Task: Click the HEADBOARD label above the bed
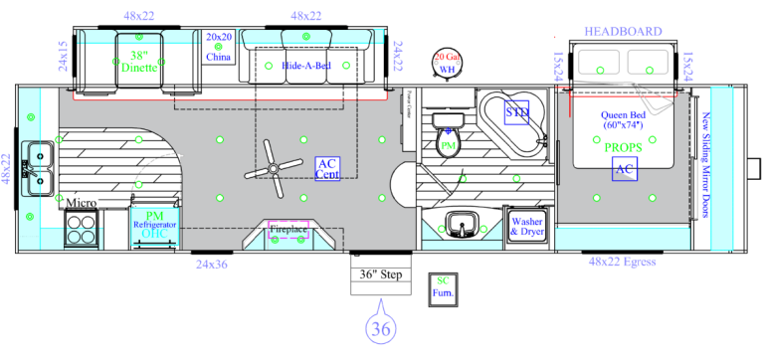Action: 623,32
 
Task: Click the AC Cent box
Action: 328,168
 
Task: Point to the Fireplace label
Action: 288,230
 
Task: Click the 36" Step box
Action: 380,275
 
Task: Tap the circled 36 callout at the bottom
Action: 380,328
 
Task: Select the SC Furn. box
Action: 444,287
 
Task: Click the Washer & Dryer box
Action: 526,226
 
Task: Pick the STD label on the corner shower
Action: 517,113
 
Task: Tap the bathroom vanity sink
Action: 461,224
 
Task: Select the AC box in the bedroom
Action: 625,170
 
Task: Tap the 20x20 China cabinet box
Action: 219,47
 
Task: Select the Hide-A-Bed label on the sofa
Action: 307,65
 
